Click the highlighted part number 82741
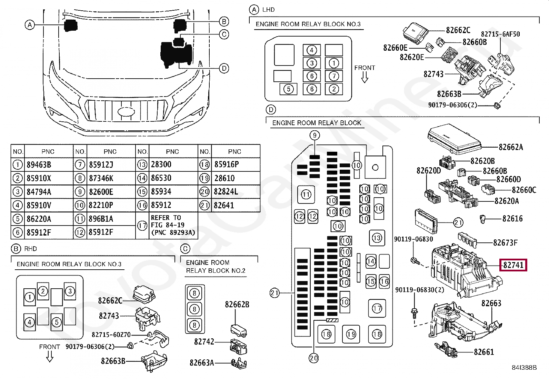pyautogui.click(x=513, y=265)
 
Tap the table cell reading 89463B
pyautogui.click(x=39, y=164)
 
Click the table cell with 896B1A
pyautogui.click(x=101, y=219)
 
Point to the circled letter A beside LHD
pyautogui.click(x=254, y=10)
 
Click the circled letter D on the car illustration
pyautogui.click(x=224, y=68)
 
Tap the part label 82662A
pyautogui.click(x=511, y=147)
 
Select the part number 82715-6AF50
pyautogui.click(x=500, y=34)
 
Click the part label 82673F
pyautogui.click(x=505, y=243)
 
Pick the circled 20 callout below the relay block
pyautogui.click(x=314, y=358)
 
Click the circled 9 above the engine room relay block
pyautogui.click(x=315, y=135)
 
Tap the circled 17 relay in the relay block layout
pyautogui.click(x=377, y=308)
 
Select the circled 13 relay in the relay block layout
pyautogui.click(x=377, y=238)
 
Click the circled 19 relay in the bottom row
pyautogui.click(x=351, y=334)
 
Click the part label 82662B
pyautogui.click(x=237, y=305)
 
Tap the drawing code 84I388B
pyautogui.click(x=524, y=368)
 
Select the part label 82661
pyautogui.click(x=484, y=352)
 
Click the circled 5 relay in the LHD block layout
pyautogui.click(x=289, y=89)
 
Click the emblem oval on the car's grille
pyautogui.click(x=126, y=112)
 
